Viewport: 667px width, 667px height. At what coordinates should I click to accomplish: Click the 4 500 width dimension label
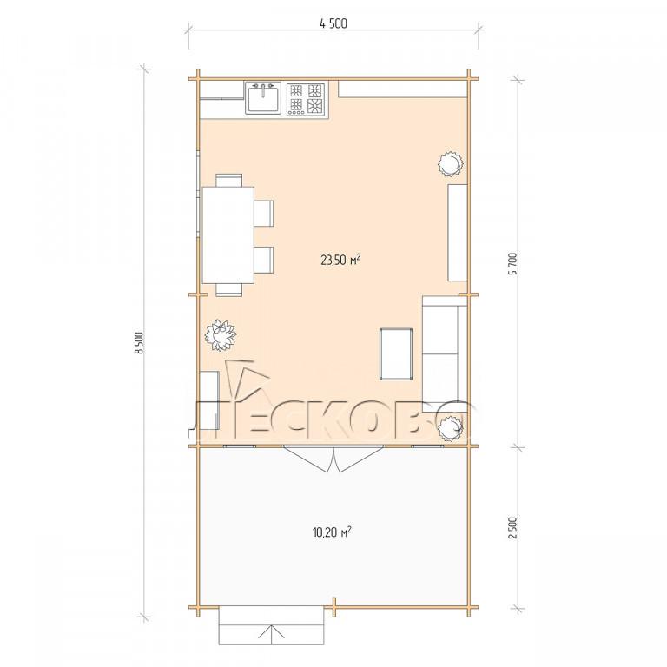333,23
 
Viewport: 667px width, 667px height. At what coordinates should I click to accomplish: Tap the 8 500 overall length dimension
141,342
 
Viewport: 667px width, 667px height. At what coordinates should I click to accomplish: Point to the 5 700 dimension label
513,264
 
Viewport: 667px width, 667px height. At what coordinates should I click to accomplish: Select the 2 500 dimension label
513,528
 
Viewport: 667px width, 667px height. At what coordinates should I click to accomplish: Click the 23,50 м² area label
340,260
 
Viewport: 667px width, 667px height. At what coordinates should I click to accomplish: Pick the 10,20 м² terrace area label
332,532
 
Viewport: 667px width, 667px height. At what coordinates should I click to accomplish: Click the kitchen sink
263,98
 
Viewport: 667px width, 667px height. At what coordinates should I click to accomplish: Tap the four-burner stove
306,99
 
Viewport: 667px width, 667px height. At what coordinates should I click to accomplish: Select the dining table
228,234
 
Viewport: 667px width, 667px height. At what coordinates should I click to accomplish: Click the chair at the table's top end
229,180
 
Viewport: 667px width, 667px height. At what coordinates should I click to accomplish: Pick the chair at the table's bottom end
229,289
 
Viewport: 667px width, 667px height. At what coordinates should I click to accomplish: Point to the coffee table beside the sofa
396,353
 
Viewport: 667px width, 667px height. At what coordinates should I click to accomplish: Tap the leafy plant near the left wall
221,335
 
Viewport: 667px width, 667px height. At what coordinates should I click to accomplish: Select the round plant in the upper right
450,164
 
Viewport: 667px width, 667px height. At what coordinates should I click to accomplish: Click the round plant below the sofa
451,429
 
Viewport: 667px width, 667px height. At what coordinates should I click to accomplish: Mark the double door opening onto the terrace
333,459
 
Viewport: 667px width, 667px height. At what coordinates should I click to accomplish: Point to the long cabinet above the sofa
458,233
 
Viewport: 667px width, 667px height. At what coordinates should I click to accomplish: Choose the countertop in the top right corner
403,89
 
